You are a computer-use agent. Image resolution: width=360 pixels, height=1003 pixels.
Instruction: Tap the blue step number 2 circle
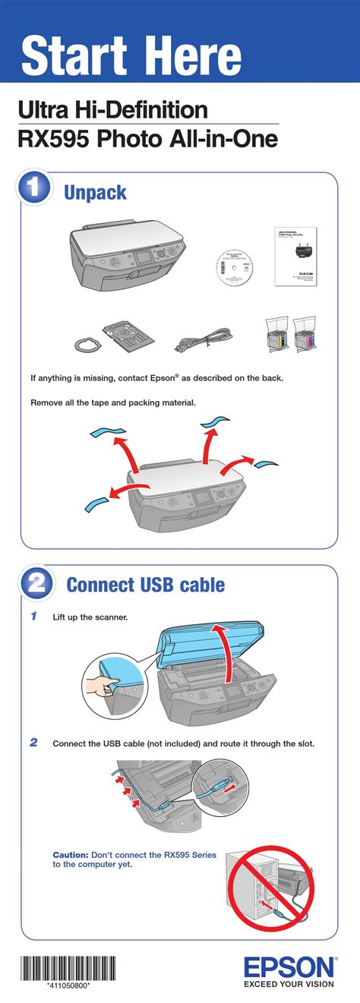click(35, 583)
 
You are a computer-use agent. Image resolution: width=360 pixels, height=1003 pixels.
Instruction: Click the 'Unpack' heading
click(95, 192)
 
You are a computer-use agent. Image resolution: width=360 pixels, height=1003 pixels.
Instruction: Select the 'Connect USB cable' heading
click(145, 585)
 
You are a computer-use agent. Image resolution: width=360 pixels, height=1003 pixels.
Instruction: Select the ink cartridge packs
click(292, 335)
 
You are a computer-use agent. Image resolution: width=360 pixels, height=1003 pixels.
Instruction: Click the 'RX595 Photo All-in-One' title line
click(147, 140)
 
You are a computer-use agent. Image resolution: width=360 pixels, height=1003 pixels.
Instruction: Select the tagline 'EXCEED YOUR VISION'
click(289, 985)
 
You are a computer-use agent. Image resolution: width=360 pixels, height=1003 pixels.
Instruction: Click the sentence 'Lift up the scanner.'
click(90, 617)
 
